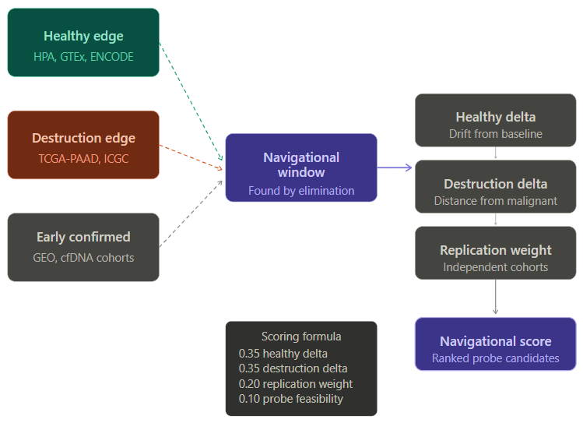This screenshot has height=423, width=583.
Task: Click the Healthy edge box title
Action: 83,36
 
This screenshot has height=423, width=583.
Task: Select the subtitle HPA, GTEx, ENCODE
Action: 83,57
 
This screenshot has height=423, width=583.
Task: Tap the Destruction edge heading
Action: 83,138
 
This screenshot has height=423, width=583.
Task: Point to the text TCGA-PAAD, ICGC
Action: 83,159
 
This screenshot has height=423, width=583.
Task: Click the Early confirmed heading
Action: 83,237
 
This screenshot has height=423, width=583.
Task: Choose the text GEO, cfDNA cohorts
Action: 83,258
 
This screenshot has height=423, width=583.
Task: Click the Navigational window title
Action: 301,164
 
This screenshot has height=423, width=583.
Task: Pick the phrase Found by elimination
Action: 301,190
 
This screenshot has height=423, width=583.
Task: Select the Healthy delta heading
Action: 495,117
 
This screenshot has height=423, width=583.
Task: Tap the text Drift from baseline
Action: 495,134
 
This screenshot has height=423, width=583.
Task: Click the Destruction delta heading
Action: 495,184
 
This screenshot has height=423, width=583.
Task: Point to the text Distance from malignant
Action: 495,201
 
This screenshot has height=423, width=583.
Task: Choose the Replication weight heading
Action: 495,250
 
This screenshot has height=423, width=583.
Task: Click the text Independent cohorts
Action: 495,267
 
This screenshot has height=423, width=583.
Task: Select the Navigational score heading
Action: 495,341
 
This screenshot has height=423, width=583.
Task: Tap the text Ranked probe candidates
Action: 495,358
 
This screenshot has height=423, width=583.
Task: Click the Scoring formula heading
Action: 301,337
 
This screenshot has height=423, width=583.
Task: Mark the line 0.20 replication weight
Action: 295,383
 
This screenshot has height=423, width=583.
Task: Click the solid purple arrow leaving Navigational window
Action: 395,167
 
